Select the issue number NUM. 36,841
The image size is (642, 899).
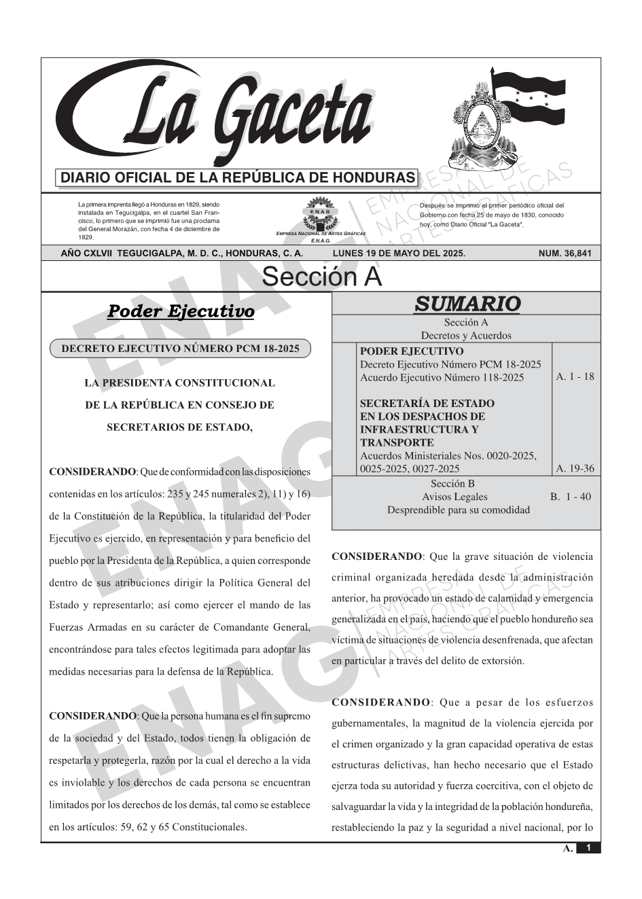[x=565, y=253]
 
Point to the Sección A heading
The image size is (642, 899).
[x=321, y=277]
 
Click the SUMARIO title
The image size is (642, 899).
[x=467, y=304]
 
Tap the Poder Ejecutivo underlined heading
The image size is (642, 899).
[x=181, y=311]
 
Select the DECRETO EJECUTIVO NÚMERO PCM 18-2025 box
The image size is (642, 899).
[x=180, y=349]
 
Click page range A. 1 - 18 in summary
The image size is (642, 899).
[x=575, y=376]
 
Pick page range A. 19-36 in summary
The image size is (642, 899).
[x=575, y=468]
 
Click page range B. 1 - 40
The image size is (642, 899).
[x=571, y=497]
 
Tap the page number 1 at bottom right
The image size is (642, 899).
[x=588, y=847]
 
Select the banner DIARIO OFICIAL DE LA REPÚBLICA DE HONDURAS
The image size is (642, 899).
[x=238, y=178]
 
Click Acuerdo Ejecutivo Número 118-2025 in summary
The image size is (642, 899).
[x=442, y=378]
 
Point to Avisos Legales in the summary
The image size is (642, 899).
[x=454, y=497]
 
